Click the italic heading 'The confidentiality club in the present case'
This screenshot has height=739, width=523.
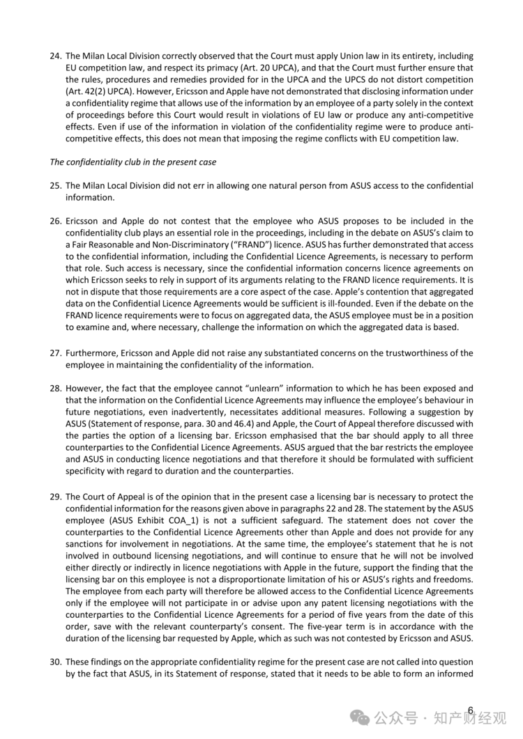pyautogui.click(x=132, y=162)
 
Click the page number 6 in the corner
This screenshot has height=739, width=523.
pyautogui.click(x=471, y=710)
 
